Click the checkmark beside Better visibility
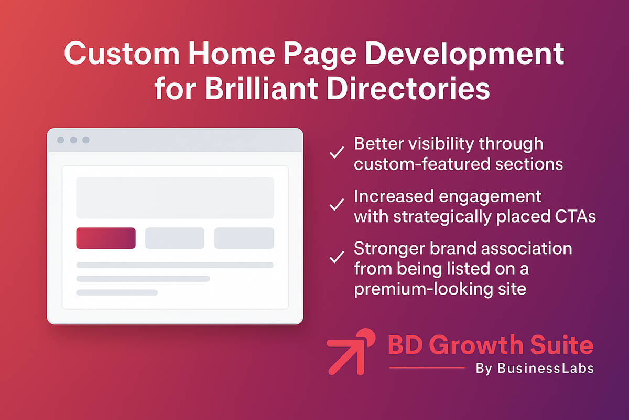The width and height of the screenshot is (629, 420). click(335, 153)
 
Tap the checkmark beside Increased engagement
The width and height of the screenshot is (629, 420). click(335, 205)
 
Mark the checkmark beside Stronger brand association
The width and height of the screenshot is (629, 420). click(335, 257)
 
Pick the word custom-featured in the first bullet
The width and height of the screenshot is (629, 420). click(414, 164)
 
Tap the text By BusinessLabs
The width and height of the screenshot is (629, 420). click(535, 369)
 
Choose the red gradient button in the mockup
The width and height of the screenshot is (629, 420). click(106, 238)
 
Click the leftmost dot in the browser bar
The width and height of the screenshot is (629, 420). click(61, 140)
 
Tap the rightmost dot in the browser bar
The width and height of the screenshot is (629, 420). click(86, 140)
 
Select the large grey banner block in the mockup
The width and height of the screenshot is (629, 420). click(175, 197)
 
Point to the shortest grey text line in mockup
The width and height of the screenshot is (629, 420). click(117, 292)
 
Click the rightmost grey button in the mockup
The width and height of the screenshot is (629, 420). click(244, 238)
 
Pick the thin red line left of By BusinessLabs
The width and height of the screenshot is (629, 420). click(427, 368)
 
